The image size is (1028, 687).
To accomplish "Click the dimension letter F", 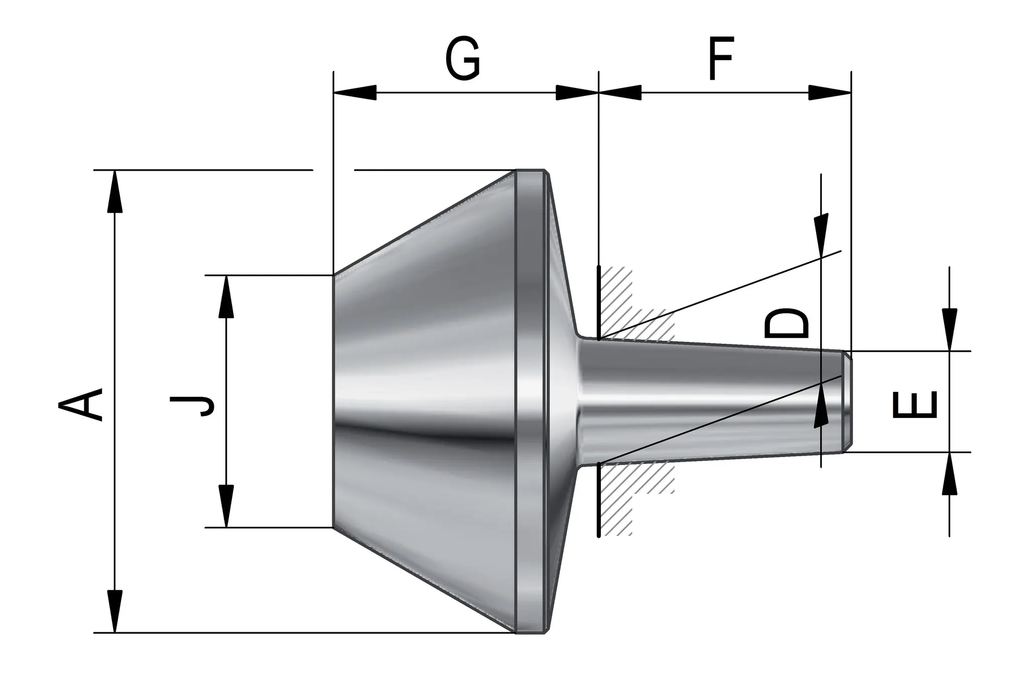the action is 721,58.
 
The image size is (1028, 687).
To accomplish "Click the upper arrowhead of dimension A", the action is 115,192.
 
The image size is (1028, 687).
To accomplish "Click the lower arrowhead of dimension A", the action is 115,611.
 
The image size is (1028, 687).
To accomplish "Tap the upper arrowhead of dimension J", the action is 226,297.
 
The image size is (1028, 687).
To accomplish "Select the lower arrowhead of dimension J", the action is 226,506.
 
